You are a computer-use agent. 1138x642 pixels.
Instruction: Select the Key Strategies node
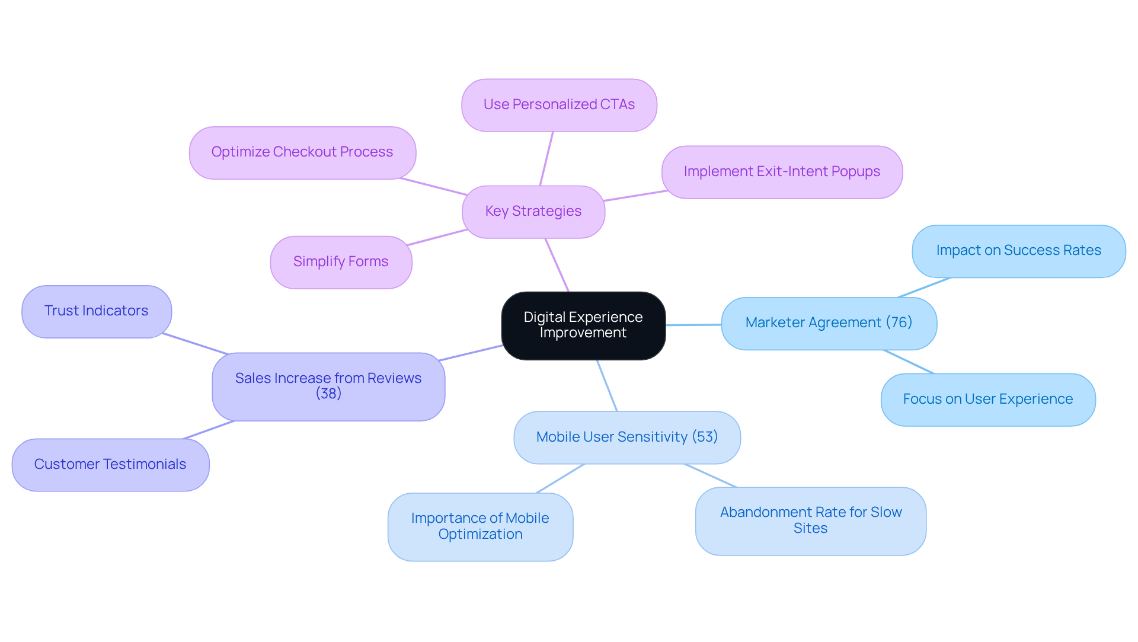point(533,212)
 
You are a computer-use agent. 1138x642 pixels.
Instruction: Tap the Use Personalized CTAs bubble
point(559,105)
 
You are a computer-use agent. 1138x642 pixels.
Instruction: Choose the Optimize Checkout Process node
point(302,152)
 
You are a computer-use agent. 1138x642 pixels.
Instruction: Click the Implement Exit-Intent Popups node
point(781,172)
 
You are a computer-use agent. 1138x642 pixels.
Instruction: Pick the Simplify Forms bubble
point(341,262)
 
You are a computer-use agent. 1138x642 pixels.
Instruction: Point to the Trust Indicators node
point(97,311)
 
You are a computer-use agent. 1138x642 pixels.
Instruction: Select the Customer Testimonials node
point(110,465)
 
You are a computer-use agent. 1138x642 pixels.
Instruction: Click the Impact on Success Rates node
point(1018,251)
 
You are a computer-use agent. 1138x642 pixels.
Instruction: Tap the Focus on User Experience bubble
point(987,400)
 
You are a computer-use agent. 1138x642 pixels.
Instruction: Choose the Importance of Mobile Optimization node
point(480,526)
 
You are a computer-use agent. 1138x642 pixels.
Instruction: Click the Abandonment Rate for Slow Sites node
point(810,520)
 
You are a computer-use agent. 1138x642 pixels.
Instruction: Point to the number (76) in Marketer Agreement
point(899,322)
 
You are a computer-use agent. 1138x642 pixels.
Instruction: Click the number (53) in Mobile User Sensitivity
point(705,437)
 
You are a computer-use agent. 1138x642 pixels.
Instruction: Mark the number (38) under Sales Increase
point(328,394)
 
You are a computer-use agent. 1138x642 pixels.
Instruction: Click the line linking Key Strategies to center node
point(557,265)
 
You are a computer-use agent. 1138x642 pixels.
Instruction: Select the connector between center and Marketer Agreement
point(693,325)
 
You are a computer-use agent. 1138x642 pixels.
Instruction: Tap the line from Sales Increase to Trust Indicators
point(196,344)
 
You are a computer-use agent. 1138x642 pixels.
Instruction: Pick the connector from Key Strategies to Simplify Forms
point(437,237)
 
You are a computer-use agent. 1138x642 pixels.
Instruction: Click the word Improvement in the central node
point(583,333)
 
